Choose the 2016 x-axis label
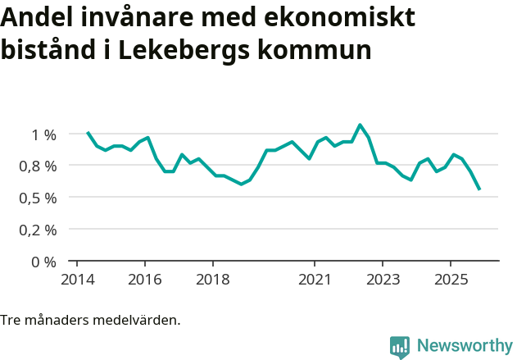[144, 280]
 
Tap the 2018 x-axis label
[212, 280]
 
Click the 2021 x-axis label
[315, 280]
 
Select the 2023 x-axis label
[382, 280]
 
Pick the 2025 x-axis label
[450, 280]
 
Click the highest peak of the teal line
[360, 125]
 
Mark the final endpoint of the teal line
[479, 189]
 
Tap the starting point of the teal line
[88, 132]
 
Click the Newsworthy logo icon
[400, 347]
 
